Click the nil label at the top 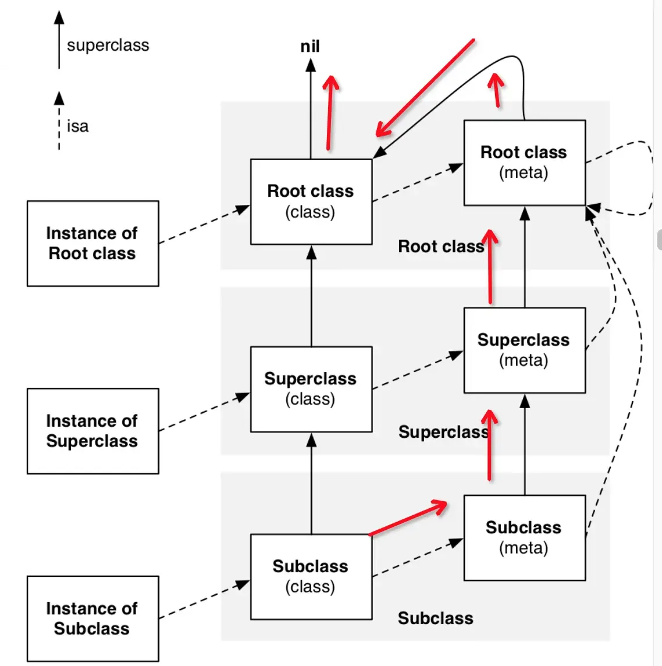coord(310,47)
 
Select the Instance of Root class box coord(92,243)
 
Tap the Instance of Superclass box coord(92,431)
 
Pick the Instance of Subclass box coord(92,618)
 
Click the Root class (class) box coord(311,201)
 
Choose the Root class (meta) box coord(524,162)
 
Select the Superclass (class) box coord(311,389)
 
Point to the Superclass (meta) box coord(524,350)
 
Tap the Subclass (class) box coord(311,576)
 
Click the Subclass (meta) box coord(524,537)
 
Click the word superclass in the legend coord(108,45)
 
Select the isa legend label coord(77,126)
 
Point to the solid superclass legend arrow coord(59,41)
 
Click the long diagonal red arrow coord(425,88)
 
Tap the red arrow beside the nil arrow coord(330,114)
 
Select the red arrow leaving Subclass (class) coord(407,518)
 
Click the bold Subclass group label coord(435,618)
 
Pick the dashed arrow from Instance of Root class coord(204,224)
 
